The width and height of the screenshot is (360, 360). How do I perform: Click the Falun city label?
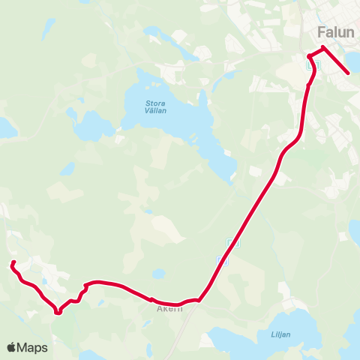(x=335, y=33)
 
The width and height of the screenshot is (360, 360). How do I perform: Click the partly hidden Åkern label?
(x=169, y=308)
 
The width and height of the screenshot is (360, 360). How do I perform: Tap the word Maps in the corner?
(x=32, y=347)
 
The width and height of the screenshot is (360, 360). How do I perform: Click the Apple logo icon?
(x=12, y=347)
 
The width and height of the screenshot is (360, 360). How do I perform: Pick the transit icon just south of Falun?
(x=313, y=64)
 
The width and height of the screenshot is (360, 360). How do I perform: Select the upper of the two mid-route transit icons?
(x=232, y=243)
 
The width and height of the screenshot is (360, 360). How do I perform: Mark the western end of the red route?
(x=13, y=262)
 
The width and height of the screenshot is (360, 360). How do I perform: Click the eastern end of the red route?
(x=349, y=73)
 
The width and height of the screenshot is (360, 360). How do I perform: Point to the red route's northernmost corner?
(x=323, y=48)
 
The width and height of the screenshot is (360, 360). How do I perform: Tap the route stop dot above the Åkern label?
(x=151, y=298)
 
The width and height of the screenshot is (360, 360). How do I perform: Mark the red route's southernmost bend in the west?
(x=58, y=313)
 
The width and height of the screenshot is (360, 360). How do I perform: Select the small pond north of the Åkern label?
(x=158, y=274)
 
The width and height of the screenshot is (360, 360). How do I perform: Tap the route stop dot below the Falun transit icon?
(x=308, y=85)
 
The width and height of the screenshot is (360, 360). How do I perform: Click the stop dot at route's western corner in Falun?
(x=309, y=56)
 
